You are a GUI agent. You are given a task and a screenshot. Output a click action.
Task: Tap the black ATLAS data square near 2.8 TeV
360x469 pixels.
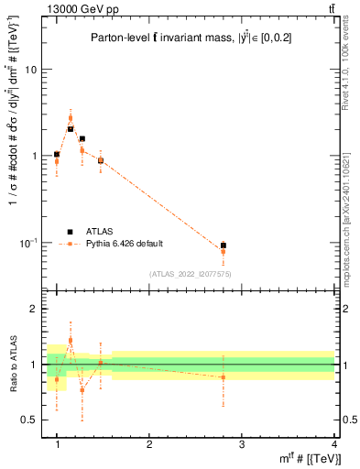point(224,245)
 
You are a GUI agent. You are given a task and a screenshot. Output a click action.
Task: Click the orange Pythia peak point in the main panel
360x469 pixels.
point(71,118)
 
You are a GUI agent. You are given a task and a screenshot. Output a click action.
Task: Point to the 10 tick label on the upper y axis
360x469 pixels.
point(32,70)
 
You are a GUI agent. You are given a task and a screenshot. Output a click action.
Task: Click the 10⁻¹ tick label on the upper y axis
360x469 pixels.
point(29,242)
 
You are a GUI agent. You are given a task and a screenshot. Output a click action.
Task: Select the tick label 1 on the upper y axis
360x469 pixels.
point(35,156)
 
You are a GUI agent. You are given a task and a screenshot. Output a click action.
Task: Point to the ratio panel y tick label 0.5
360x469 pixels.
point(30,420)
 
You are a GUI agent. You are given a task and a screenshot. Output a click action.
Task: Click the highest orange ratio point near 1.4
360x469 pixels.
point(71,340)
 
